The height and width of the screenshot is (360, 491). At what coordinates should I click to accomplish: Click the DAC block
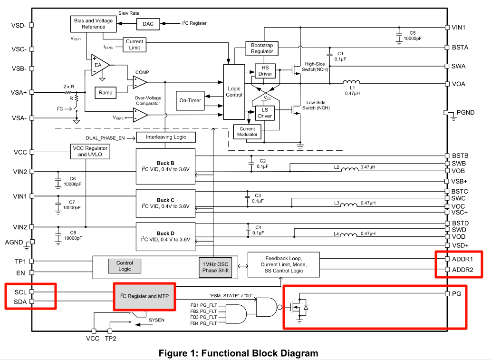(x=148, y=24)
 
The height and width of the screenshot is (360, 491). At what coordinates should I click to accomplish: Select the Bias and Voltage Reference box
(x=93, y=24)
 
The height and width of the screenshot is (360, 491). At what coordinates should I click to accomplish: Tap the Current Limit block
(x=135, y=45)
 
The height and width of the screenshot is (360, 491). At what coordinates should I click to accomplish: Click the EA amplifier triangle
(x=99, y=65)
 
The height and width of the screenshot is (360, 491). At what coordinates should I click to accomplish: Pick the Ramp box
(x=106, y=92)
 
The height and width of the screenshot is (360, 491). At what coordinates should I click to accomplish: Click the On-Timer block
(x=190, y=100)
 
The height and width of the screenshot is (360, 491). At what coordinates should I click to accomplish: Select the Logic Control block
(x=234, y=92)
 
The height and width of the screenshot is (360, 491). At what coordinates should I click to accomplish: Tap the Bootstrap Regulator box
(x=262, y=48)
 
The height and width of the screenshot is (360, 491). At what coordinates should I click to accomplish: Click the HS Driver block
(x=265, y=71)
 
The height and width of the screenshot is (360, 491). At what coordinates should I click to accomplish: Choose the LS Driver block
(x=265, y=113)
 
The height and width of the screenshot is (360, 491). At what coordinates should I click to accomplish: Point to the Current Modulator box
(x=247, y=132)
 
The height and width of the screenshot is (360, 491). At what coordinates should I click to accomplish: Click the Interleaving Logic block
(x=166, y=137)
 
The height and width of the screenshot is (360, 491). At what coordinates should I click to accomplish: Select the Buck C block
(x=166, y=204)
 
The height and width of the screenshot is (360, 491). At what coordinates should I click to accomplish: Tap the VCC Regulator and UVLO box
(x=90, y=151)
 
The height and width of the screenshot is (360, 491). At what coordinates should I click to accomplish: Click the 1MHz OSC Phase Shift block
(x=215, y=267)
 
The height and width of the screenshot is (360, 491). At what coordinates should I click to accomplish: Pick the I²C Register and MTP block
(x=144, y=296)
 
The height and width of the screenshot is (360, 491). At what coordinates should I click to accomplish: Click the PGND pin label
(x=465, y=113)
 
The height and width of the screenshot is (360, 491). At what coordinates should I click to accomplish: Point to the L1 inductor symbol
(x=352, y=82)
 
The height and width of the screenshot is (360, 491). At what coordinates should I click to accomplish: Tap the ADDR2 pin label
(x=462, y=270)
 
